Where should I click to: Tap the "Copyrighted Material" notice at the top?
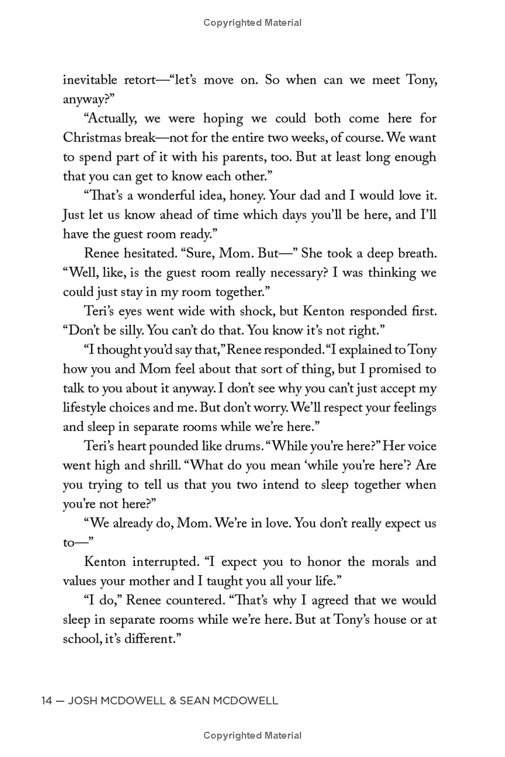point(252,23)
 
